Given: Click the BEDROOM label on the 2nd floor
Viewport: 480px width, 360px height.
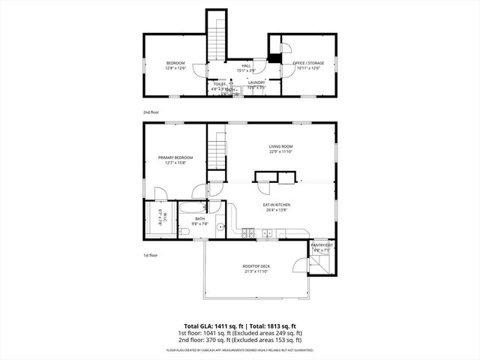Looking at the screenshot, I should [x=175, y=63].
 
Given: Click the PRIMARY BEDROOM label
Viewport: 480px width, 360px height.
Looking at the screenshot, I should [x=175, y=157].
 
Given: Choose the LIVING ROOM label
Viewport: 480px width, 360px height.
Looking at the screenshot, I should [x=280, y=146].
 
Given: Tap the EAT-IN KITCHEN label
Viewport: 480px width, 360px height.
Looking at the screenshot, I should [x=277, y=204].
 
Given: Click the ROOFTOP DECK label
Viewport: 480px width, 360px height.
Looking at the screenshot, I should [x=256, y=266].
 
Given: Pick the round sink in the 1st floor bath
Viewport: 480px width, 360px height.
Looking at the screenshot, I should [x=220, y=226].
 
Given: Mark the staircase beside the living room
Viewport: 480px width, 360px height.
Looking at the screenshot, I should [x=217, y=154].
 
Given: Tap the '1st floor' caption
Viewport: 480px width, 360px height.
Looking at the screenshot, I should [x=151, y=255].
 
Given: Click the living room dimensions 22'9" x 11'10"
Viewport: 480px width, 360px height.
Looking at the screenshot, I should [x=280, y=151].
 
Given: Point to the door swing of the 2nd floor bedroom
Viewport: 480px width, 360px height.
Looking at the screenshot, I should [x=198, y=70].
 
